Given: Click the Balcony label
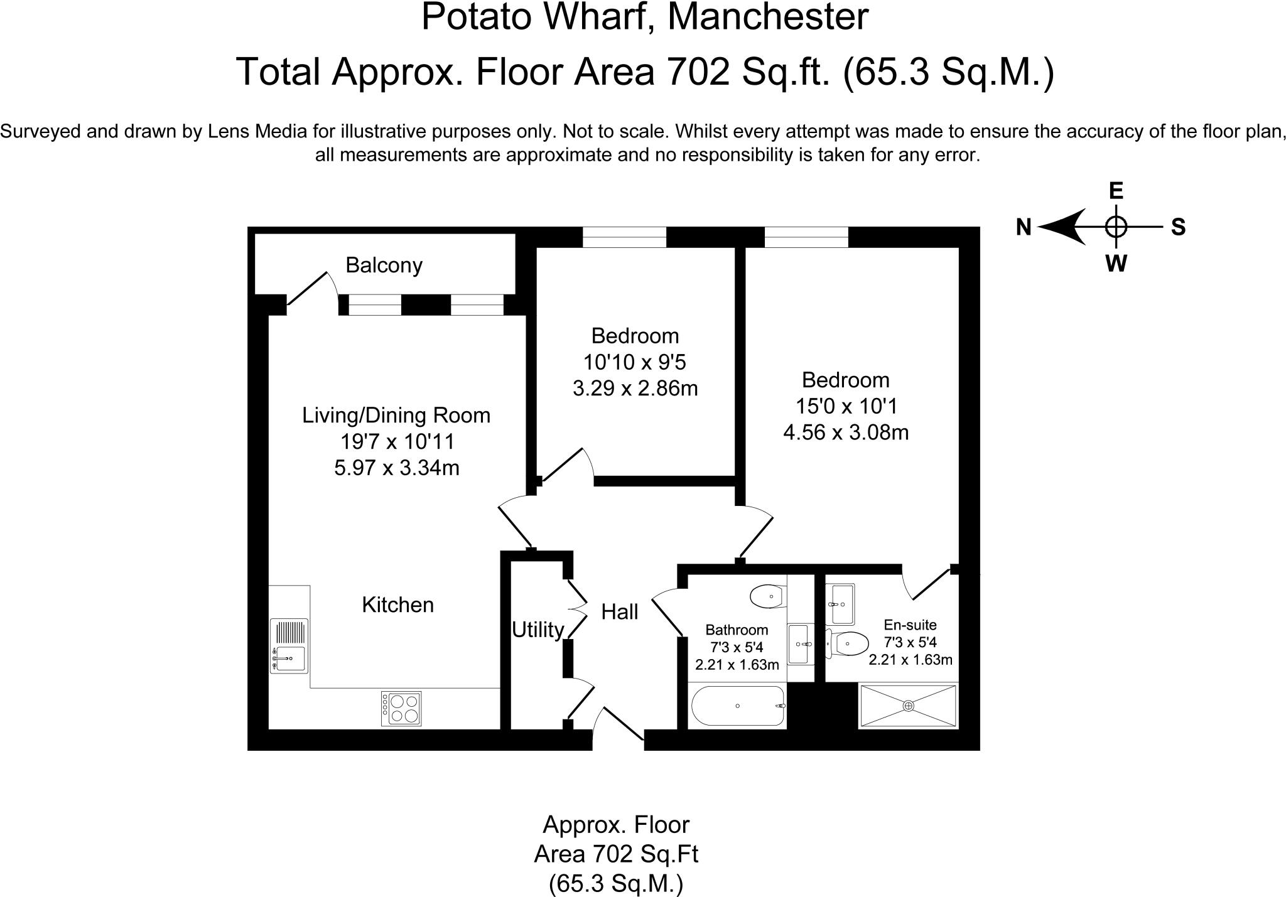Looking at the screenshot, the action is click(x=384, y=266).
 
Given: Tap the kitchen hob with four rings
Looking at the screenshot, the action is click(x=401, y=709).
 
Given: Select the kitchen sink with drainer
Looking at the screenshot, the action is click(x=289, y=646).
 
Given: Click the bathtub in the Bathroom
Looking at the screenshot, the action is click(x=738, y=706).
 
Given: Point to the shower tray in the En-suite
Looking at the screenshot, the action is click(x=908, y=706).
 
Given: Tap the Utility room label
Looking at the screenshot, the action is click(x=538, y=630).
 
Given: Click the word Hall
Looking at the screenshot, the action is click(x=620, y=612).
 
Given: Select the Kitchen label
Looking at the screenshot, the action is click(x=398, y=604).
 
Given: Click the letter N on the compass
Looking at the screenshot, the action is click(x=1024, y=227).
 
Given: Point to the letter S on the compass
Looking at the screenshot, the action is click(x=1178, y=227).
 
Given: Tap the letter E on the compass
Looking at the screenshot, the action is click(x=1116, y=190).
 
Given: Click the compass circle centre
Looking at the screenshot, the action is click(x=1116, y=227).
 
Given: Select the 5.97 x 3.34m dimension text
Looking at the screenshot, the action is click(x=397, y=468).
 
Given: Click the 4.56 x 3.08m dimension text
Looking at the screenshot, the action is click(x=846, y=432).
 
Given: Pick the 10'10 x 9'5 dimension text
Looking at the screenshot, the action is click(x=635, y=362).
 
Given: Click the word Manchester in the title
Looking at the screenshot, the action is click(x=767, y=17).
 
